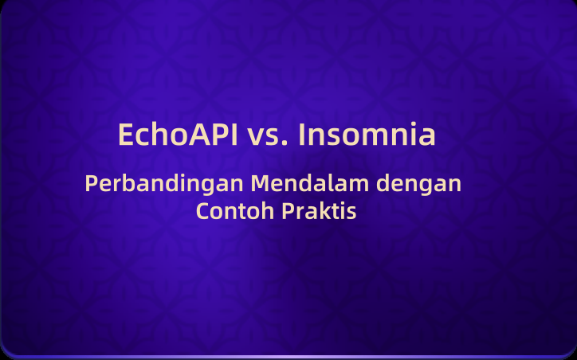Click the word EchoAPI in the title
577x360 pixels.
click(x=178, y=135)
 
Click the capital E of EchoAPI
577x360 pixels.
click(x=126, y=135)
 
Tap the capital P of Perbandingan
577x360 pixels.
click(x=91, y=183)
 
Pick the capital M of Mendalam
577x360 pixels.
click(x=261, y=183)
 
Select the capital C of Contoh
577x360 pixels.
click(x=203, y=213)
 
